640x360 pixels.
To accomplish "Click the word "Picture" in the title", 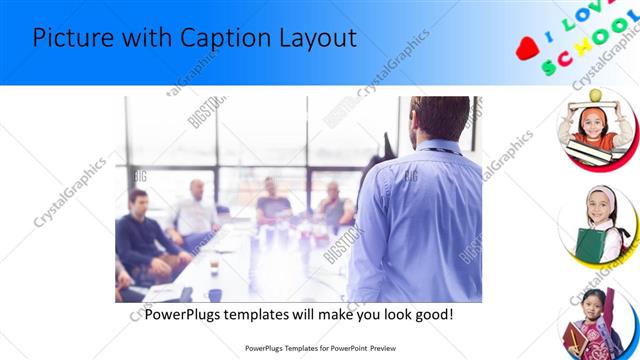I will click(70, 38).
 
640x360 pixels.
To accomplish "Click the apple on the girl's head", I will click(596, 95).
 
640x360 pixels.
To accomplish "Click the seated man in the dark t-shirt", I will click(272, 205).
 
